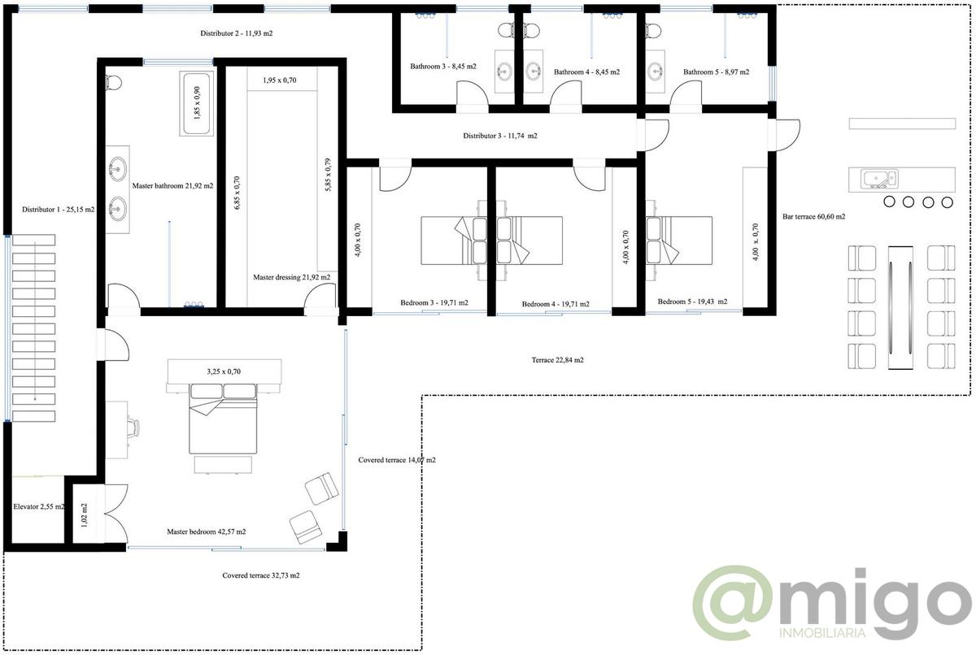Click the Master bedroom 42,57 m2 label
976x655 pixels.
(206, 531)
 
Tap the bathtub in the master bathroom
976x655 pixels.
(197, 103)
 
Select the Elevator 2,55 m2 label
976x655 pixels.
(39, 506)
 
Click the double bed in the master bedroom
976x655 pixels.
(223, 419)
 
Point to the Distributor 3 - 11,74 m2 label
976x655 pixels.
(499, 136)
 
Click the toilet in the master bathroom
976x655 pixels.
(113, 83)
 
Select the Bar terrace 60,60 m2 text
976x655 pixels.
(813, 216)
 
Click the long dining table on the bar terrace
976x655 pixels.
(900, 307)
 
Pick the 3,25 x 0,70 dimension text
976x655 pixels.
(224, 371)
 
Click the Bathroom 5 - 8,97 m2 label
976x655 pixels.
(716, 72)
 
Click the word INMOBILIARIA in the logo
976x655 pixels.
(822, 633)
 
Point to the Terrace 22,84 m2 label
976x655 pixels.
(557, 360)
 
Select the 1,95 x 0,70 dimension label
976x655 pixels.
(279, 80)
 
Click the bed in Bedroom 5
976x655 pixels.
(679, 241)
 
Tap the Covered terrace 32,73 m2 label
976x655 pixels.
(260, 575)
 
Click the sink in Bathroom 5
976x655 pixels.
(656, 71)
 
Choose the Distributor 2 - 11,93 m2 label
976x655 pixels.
(236, 33)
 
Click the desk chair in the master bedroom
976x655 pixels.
(133, 427)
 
